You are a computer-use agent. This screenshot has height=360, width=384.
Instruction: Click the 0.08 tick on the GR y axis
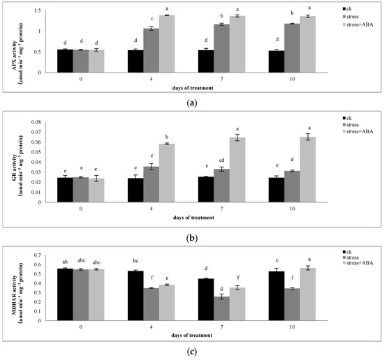tap(45, 122)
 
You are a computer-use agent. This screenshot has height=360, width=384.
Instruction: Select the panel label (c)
tap(192, 352)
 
